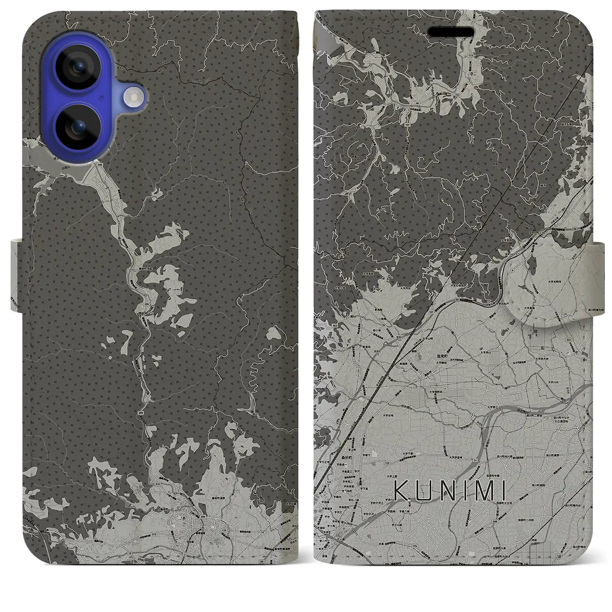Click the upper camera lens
77,68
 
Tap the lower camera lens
77,127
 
